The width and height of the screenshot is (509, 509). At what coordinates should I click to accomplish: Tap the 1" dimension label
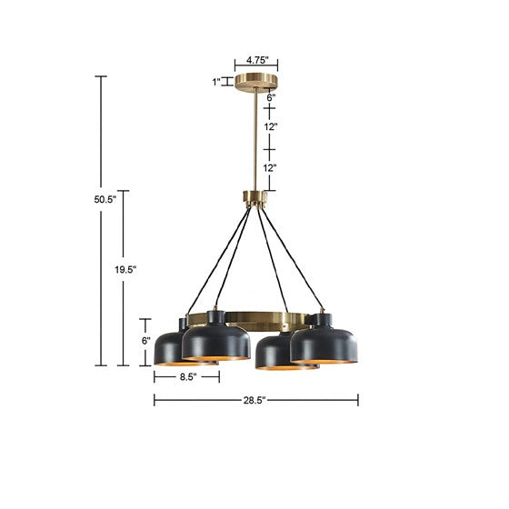(216, 82)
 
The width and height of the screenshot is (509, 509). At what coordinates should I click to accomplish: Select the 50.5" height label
(82, 201)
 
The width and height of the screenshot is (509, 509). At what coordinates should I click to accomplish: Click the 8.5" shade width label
(187, 376)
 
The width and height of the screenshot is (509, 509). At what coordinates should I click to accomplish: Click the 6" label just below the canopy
(271, 95)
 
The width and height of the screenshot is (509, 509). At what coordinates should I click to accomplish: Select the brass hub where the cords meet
(255, 196)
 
